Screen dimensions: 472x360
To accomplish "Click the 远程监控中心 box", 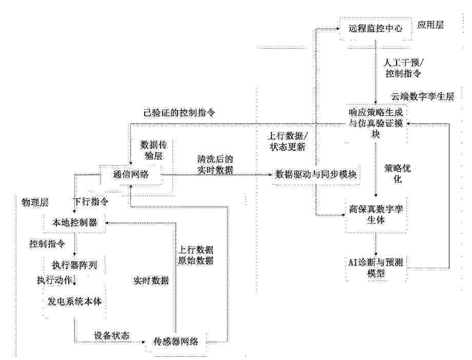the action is [x=375, y=29].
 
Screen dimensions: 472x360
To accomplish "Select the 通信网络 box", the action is [x=131, y=174].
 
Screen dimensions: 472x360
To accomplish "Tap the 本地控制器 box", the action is [x=74, y=223].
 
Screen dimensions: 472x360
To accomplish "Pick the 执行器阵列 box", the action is [x=74, y=265].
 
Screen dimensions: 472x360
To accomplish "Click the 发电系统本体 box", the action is [x=74, y=302].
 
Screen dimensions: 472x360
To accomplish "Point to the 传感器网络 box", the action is [x=176, y=342].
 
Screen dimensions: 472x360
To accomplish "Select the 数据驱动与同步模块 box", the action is [x=316, y=174].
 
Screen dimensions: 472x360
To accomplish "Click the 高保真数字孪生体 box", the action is [x=376, y=214].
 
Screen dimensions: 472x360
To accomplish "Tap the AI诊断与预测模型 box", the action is [x=376, y=268].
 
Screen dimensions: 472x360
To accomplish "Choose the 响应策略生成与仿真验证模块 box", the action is [x=376, y=124].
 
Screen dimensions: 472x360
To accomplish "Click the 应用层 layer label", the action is [x=430, y=25].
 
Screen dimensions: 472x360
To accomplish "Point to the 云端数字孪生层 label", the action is [x=423, y=96].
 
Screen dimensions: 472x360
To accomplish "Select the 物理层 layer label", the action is [x=35, y=202].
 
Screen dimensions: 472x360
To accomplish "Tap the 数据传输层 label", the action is [x=153, y=150].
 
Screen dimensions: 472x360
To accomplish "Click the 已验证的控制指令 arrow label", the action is [x=180, y=113].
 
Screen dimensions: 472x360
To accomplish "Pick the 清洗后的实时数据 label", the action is [x=215, y=164].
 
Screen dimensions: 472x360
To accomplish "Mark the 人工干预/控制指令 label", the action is [x=403, y=68].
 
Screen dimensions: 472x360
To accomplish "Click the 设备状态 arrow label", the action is [x=112, y=335].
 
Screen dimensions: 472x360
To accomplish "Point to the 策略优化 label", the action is [x=398, y=174].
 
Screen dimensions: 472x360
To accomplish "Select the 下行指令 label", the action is [x=91, y=202].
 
